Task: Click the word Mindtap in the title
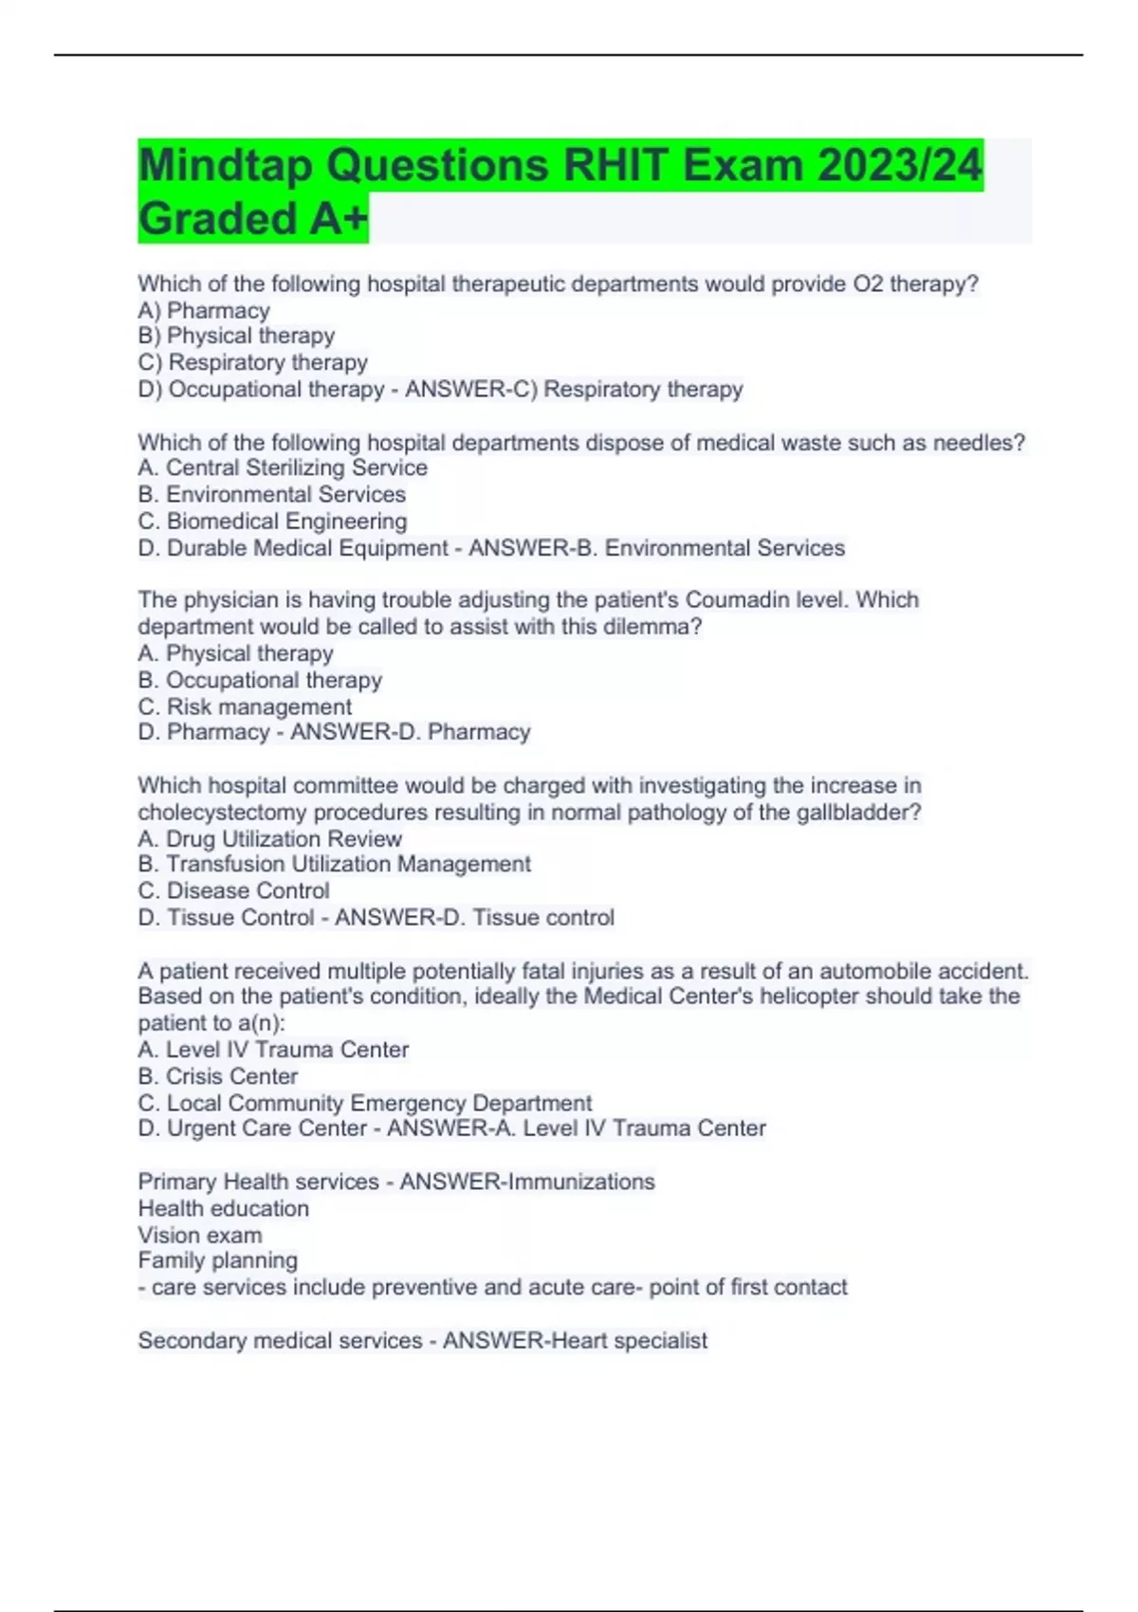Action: pyautogui.click(x=224, y=166)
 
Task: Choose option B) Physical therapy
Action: pyautogui.click(x=236, y=336)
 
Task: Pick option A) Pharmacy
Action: pyautogui.click(x=204, y=310)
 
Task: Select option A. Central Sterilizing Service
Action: pyautogui.click(x=283, y=467)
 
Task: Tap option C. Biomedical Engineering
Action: pyautogui.click(x=272, y=521)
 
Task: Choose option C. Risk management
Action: pyautogui.click(x=245, y=706)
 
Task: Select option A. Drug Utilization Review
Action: pyautogui.click(x=269, y=838)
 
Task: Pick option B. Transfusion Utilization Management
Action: pyautogui.click(x=334, y=864)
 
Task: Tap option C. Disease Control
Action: pyautogui.click(x=233, y=890)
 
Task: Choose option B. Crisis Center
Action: pyautogui.click(x=217, y=1076)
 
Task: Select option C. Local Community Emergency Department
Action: pyautogui.click(x=364, y=1103)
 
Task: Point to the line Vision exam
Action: pyautogui.click(x=200, y=1235)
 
